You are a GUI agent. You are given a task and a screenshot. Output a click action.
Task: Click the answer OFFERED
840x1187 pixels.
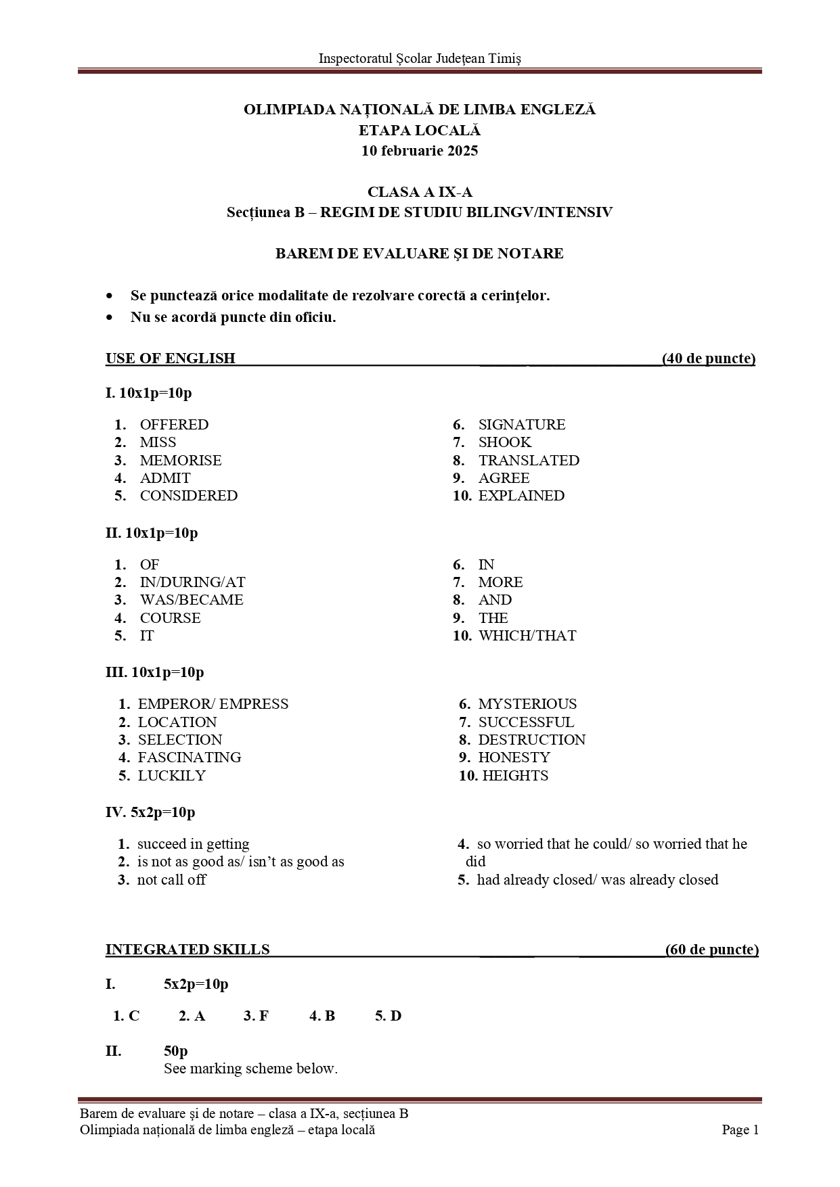click(174, 425)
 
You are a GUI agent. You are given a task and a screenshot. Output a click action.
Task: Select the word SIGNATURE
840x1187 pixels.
click(521, 425)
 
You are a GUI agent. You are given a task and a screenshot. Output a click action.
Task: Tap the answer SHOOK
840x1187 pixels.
click(504, 442)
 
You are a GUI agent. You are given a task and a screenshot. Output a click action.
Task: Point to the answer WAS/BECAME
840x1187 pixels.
click(192, 600)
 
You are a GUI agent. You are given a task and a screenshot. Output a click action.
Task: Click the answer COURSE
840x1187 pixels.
click(170, 618)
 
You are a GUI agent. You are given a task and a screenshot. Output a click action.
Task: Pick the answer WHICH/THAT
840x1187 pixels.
click(527, 636)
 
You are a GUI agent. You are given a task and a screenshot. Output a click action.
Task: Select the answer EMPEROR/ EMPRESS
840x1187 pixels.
click(213, 704)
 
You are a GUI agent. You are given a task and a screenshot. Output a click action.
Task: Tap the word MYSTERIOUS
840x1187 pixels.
click(527, 704)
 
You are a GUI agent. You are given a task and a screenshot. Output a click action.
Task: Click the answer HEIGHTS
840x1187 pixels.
click(515, 776)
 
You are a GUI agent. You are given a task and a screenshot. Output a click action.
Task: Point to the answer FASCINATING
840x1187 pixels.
click(190, 758)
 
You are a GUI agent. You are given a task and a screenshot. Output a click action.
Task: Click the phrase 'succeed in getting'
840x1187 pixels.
click(193, 844)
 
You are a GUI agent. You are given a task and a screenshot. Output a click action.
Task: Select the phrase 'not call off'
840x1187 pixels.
click(171, 880)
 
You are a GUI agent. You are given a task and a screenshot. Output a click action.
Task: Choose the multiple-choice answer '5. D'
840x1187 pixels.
click(388, 1016)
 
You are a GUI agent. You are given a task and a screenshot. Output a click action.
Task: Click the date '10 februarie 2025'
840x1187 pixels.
click(420, 151)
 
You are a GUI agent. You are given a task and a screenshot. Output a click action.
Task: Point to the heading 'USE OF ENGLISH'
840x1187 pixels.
click(171, 358)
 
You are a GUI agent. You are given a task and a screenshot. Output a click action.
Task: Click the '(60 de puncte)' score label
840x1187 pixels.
click(711, 950)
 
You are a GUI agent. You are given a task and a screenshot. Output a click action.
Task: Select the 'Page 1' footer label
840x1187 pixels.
click(740, 1130)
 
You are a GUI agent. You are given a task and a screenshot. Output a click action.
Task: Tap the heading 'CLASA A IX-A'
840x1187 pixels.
click(420, 193)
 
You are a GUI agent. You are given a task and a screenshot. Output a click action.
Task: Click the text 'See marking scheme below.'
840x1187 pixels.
click(250, 1069)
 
